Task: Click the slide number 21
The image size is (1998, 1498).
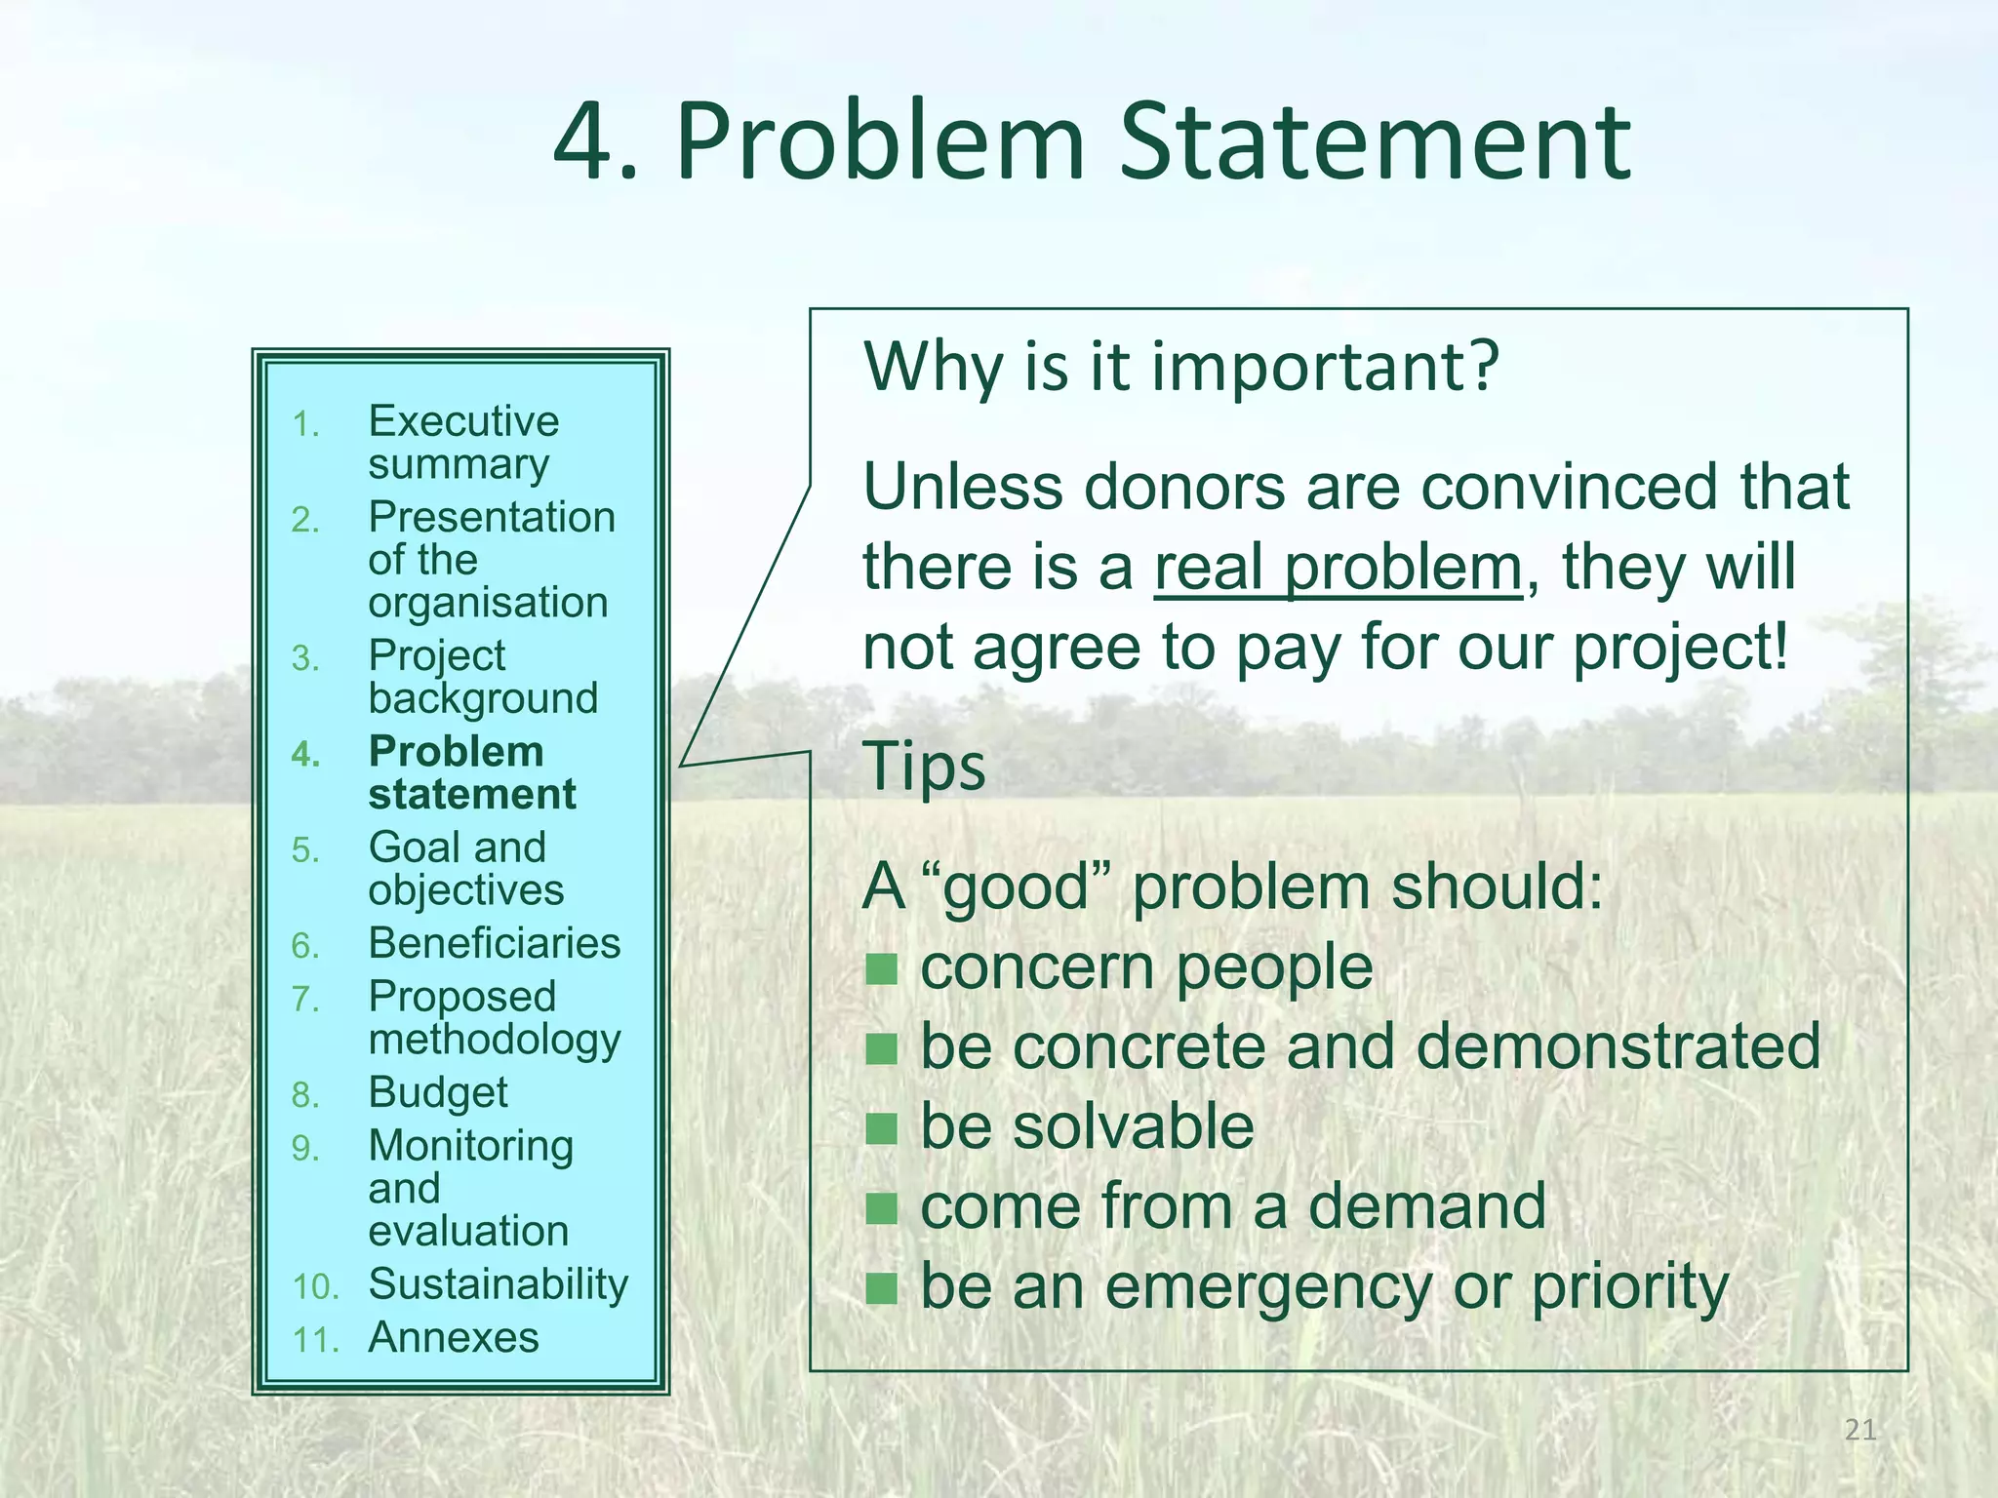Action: tap(1860, 1431)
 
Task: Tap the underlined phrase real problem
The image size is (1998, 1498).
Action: tap(1338, 568)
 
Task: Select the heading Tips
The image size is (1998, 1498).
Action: tap(924, 767)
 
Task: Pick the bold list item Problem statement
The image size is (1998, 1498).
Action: tap(471, 772)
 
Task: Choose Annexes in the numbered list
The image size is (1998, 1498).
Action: tap(454, 1337)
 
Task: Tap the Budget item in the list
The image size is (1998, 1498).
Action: tap(438, 1092)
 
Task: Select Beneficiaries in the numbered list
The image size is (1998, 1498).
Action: tap(494, 943)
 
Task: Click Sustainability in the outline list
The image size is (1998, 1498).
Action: tap(498, 1284)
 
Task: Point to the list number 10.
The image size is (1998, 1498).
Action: tap(314, 1287)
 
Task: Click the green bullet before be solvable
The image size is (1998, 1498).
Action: tap(881, 1128)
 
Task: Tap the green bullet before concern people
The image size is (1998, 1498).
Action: tap(881, 969)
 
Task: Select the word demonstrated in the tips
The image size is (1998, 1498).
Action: tap(1617, 1046)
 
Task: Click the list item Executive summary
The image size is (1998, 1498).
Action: tap(462, 442)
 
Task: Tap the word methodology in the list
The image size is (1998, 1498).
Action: tap(494, 1040)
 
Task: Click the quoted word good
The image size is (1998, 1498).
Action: tap(1016, 889)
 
